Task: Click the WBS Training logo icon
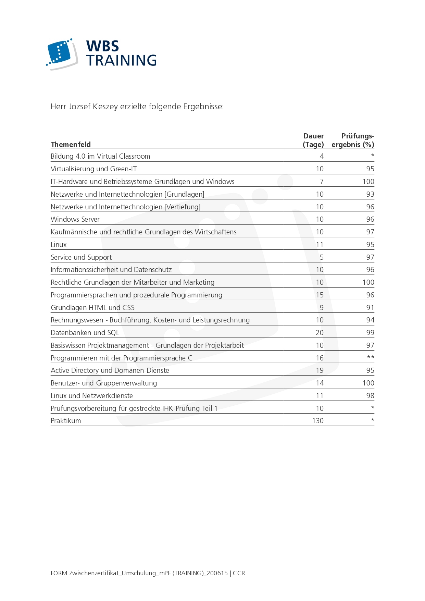[62, 54]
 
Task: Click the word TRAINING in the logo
[121, 60]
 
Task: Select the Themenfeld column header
[71, 145]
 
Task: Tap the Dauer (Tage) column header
[313, 140]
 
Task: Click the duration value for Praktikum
[318, 421]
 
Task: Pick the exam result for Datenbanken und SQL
[370, 333]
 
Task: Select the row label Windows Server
[75, 219]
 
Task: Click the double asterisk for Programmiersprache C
[371, 357]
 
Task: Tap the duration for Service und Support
[322, 257]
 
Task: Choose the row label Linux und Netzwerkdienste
[92, 396]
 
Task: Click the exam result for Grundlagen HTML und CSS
[370, 308]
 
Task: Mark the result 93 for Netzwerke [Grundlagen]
[370, 194]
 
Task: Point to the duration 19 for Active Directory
[320, 370]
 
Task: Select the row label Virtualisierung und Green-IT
[93, 169]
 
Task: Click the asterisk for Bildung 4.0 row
[373, 156]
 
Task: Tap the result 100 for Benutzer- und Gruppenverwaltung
[368, 383]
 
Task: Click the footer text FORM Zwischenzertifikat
[148, 573]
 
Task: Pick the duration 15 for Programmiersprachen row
[320, 295]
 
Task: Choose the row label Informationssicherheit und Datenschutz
[111, 270]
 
